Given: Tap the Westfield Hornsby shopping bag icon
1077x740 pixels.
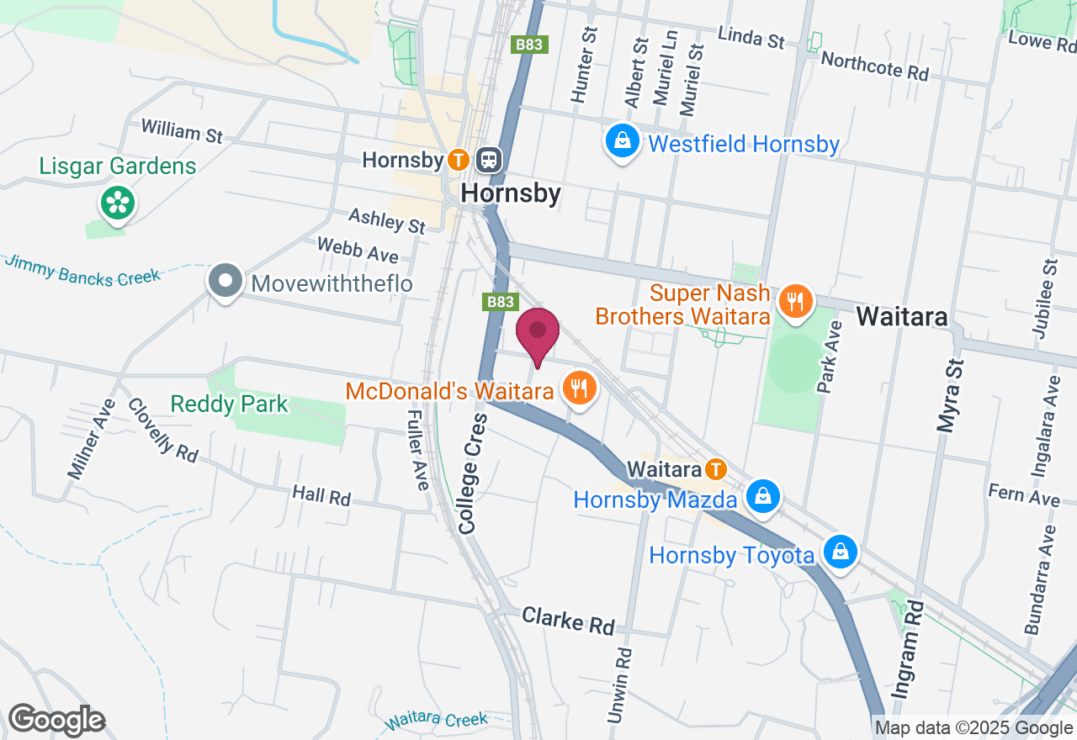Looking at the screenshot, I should pos(622,141).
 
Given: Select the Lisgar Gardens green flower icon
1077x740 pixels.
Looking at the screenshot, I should pos(119,203).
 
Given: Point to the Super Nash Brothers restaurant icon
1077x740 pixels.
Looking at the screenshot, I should pos(794,299).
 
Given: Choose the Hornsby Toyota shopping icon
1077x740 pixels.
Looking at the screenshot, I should pos(840,552).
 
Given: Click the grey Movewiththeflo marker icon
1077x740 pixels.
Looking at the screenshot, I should pos(225,282).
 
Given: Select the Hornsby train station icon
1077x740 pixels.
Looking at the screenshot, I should pos(489,159).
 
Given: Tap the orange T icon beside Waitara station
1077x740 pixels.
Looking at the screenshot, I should pos(715,468).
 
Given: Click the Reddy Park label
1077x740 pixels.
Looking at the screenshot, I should pos(229,404).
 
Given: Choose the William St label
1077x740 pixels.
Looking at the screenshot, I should pos(182,131).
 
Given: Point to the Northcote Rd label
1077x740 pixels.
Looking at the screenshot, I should pos(874,66).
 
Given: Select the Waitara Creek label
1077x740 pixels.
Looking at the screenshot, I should pos(437,721).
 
